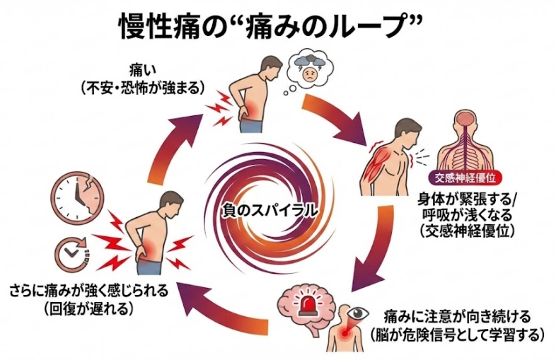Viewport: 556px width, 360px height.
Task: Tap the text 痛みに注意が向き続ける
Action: pos(456,315)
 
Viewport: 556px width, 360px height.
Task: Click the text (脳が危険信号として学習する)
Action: pos(455,333)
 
